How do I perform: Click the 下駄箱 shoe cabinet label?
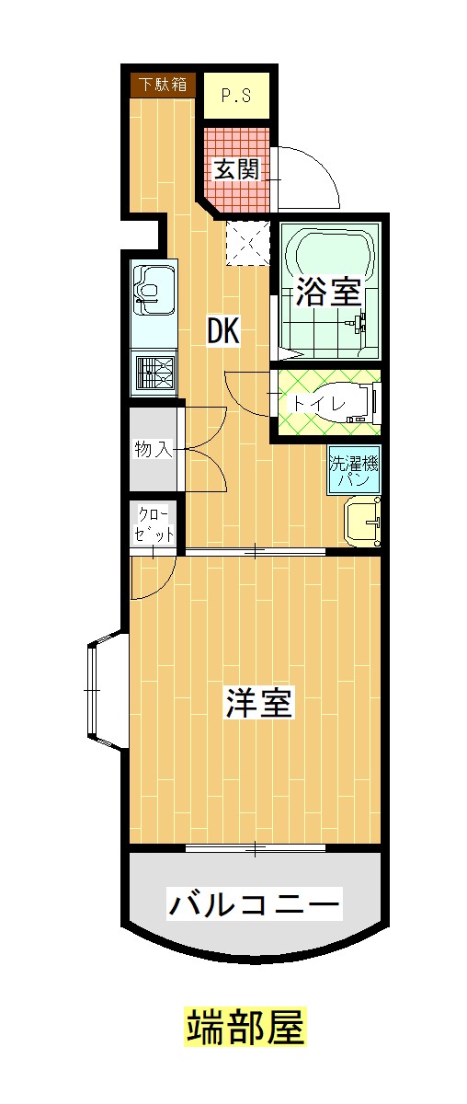tap(163, 85)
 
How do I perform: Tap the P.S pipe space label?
tap(236, 95)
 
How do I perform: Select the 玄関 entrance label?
tap(235, 169)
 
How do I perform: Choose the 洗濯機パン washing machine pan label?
tap(354, 470)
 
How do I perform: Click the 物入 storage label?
tap(152, 449)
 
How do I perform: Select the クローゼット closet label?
tap(154, 523)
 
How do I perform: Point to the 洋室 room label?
tap(259, 704)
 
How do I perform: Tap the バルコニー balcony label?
tap(254, 904)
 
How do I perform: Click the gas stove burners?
tap(154, 374)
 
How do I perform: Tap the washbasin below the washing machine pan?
tap(362, 523)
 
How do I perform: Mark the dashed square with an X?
tap(245, 242)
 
